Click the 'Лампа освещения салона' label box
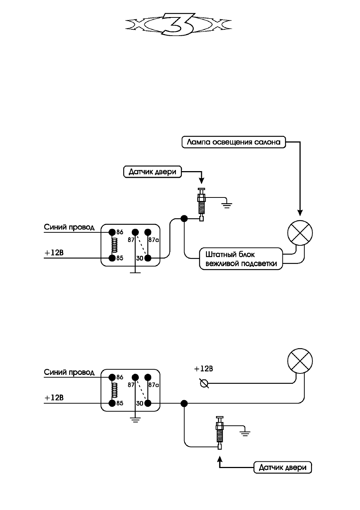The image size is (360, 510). point(233,142)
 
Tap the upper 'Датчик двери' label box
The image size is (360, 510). point(152,171)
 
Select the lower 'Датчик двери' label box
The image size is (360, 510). point(282,467)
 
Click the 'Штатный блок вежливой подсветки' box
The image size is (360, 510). point(241,259)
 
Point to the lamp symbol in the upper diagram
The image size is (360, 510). point(300,233)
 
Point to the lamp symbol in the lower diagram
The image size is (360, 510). point(300,361)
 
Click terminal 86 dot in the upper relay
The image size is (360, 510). point(112,232)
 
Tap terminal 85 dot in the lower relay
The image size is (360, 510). point(112,403)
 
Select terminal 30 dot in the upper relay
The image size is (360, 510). point(148,258)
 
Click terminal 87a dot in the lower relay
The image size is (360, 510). point(148,377)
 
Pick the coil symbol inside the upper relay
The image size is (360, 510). point(115,245)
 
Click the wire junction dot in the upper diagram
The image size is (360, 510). point(184,219)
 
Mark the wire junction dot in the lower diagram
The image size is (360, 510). point(184,403)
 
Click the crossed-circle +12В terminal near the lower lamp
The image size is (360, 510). point(204,383)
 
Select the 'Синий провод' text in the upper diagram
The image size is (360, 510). point(69,228)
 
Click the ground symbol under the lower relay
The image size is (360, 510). point(135,419)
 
